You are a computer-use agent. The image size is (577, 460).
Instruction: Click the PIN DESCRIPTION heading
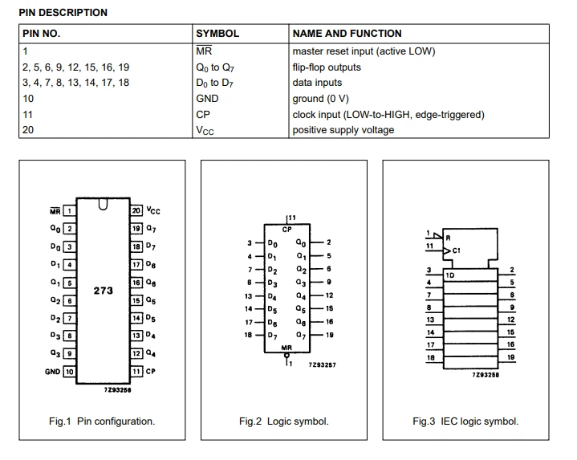point(63,13)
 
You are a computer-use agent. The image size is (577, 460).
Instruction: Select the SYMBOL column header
point(217,34)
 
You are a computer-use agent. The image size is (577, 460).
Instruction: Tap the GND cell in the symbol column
point(207,99)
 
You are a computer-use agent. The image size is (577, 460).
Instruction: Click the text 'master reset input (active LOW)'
point(364,51)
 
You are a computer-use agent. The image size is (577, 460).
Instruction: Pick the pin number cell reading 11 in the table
point(27,115)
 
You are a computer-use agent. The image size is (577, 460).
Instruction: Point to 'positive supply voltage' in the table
point(343,130)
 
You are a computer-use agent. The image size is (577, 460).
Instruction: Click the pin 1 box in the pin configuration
point(69,211)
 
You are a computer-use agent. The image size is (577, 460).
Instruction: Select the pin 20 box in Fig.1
point(136,210)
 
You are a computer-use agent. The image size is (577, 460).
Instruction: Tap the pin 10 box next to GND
point(69,372)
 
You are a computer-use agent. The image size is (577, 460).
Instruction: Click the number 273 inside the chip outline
point(103,291)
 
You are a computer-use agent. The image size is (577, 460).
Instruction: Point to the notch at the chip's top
point(103,205)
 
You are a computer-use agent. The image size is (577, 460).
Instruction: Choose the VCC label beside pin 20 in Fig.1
point(153,210)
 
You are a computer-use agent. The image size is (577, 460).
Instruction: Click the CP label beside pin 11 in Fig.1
point(151,372)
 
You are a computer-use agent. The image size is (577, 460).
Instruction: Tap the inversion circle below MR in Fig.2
point(286,356)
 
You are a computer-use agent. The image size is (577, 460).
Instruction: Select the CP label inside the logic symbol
point(287,230)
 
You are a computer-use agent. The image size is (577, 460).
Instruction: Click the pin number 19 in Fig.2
point(329,335)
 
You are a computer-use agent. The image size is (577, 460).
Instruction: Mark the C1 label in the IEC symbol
point(457,250)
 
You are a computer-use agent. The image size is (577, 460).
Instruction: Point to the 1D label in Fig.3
point(450,275)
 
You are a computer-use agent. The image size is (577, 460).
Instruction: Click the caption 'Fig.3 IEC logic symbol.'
point(465,421)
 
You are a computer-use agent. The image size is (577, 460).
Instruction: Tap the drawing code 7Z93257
point(323,364)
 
